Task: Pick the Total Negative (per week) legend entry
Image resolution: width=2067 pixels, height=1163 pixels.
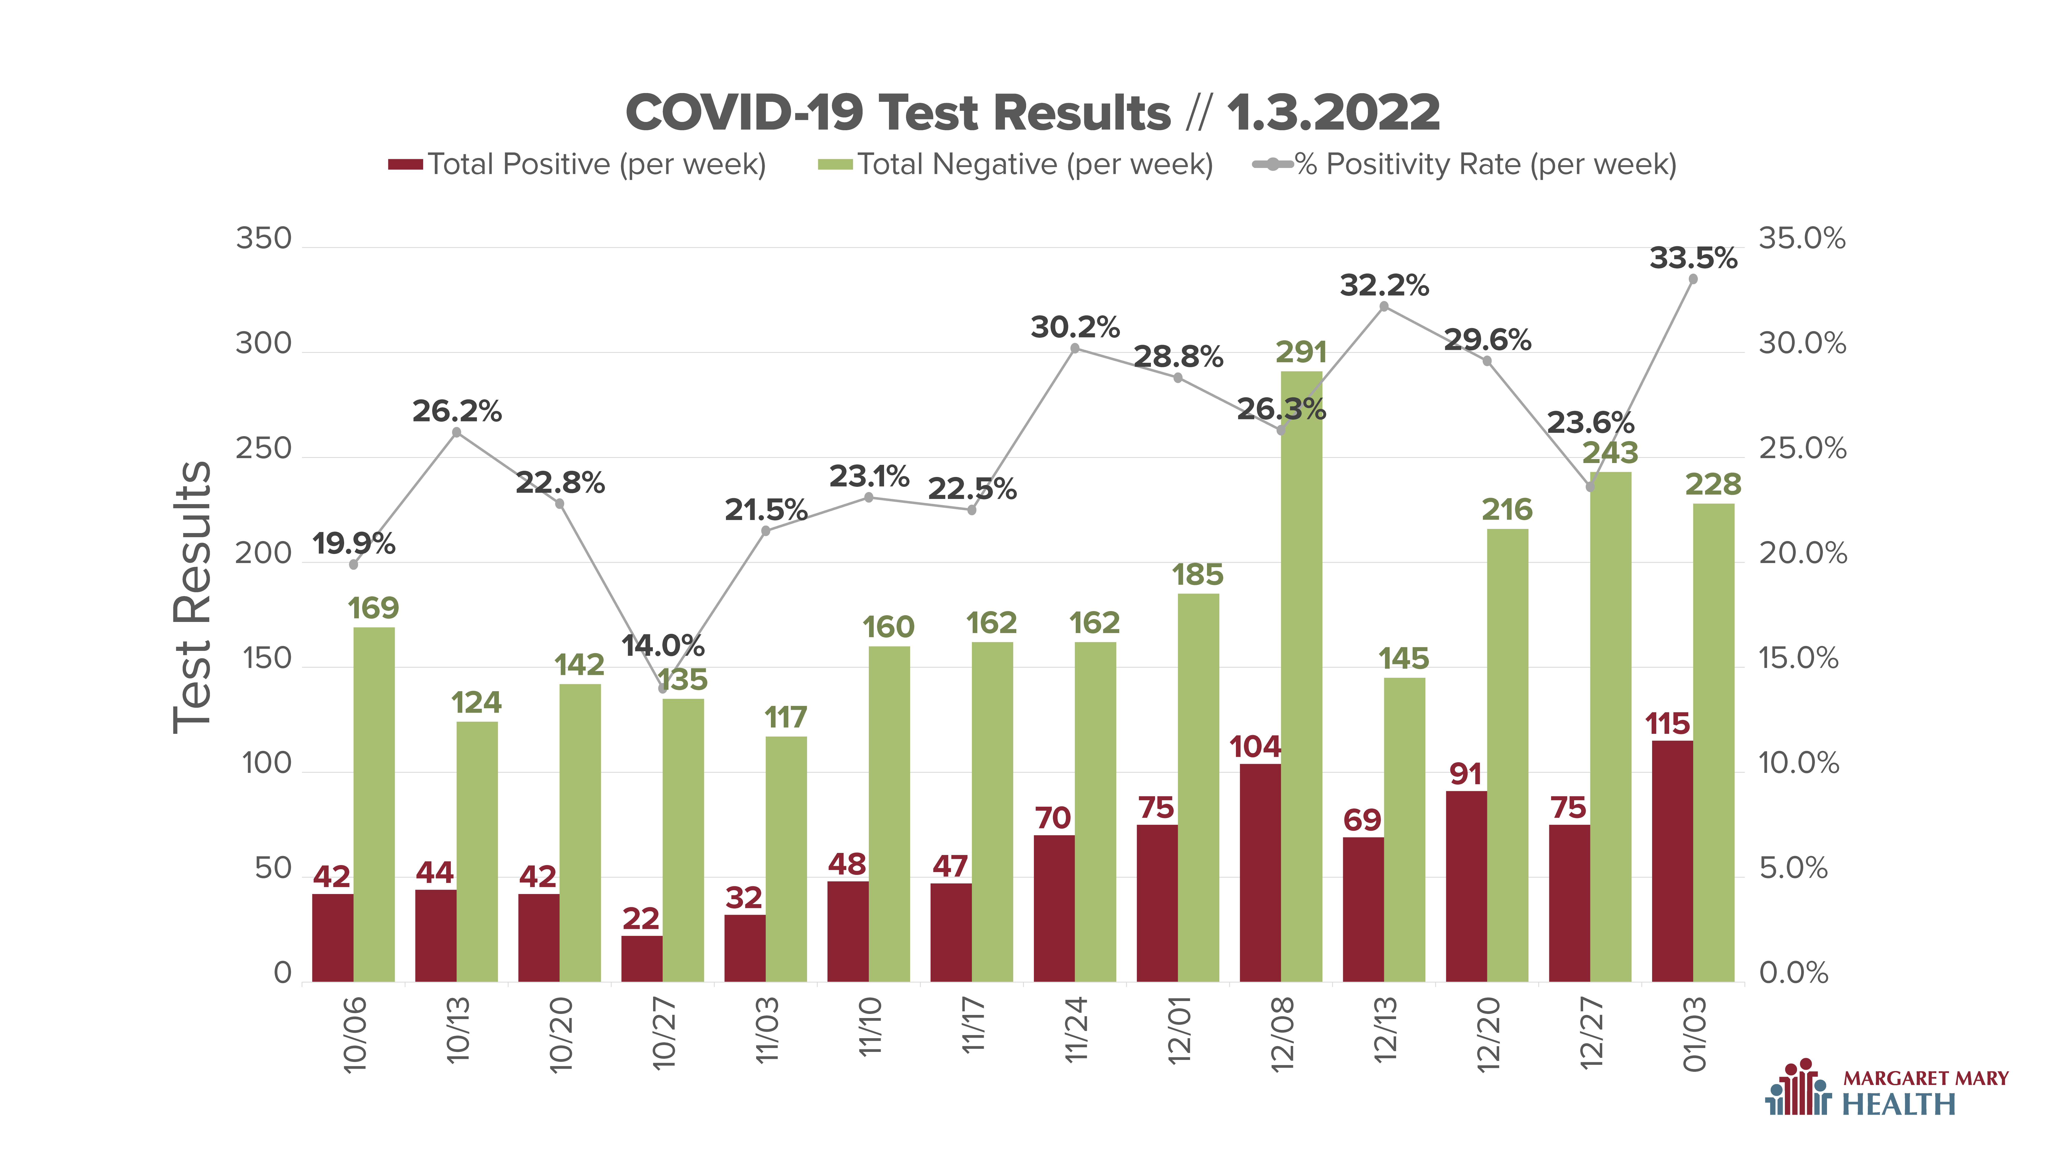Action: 1015,165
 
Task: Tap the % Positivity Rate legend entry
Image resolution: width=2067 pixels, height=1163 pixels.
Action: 1464,165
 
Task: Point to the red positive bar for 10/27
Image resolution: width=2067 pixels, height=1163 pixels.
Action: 642,959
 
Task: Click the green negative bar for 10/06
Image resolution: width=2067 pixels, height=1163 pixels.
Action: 374,804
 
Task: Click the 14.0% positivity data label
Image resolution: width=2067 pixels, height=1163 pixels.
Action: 663,645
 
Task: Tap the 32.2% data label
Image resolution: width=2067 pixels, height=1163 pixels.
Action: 1384,285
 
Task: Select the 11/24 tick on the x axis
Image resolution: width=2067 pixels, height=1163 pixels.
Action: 1075,1030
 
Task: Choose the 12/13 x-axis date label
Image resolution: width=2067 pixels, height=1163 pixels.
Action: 1384,1030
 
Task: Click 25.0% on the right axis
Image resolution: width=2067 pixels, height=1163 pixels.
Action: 1802,449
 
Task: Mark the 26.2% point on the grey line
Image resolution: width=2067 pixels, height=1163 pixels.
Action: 456,433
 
